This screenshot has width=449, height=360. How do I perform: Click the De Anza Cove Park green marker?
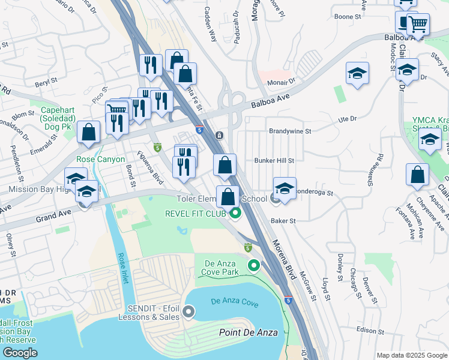pos(255,265)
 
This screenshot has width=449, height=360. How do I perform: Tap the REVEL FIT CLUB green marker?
pos(236,213)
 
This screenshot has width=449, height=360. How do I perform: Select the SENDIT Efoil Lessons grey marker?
pos(189,311)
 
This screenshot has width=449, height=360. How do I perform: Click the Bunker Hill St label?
pos(274,161)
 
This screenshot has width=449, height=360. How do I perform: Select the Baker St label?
pos(283,221)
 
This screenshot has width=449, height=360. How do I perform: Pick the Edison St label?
pos(369,331)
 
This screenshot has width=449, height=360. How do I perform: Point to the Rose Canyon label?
pos(101,160)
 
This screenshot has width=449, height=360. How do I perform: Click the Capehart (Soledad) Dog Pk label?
pos(65,115)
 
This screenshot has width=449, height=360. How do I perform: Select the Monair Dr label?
pos(282,80)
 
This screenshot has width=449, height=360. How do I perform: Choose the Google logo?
pos(20,353)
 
